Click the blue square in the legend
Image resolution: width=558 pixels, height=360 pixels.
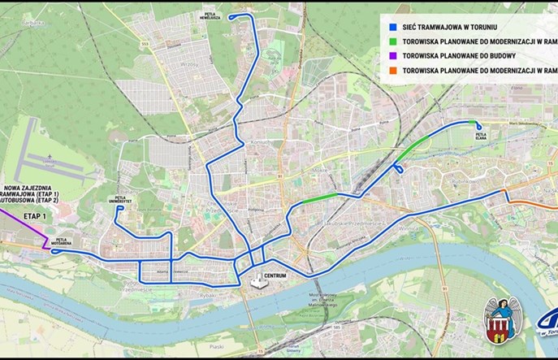391,24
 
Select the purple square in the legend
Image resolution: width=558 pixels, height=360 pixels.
391,55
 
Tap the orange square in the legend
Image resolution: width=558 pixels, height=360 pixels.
391,71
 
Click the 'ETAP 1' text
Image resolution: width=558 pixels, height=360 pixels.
37,217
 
